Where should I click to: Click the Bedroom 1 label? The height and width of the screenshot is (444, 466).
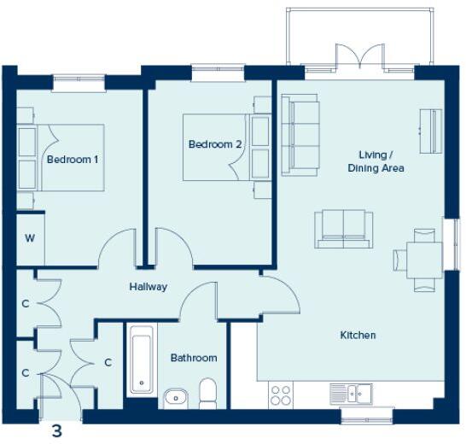tap(73, 160)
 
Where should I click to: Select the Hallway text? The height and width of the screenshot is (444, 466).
tap(148, 287)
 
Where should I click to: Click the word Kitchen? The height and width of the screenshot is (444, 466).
tap(358, 336)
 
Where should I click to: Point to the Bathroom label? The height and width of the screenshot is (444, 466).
tap(194, 358)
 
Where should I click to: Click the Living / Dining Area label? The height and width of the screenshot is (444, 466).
tap(375, 161)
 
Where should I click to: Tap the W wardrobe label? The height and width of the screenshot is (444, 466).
tap(29, 237)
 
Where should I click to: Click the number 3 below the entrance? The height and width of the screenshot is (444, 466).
tap(57, 431)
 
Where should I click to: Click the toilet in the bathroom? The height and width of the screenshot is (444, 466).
tap(207, 394)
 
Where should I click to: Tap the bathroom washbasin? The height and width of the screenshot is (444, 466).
tap(175, 397)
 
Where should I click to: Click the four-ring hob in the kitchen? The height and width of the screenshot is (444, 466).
tap(281, 394)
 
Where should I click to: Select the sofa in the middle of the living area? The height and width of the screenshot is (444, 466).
tap(344, 228)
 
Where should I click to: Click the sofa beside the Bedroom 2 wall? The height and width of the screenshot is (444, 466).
tap(300, 134)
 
